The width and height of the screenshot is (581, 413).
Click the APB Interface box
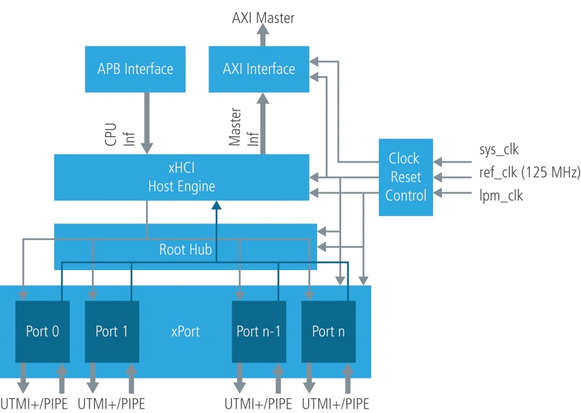135,69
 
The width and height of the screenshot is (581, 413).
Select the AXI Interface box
259,69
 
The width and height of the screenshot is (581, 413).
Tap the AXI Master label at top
263,18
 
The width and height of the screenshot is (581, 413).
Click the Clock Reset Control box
405,177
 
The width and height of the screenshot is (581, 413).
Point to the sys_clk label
498,150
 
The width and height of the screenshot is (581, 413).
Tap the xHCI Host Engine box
181,177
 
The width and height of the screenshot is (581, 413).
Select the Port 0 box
42,331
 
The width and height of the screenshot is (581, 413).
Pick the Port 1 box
112,331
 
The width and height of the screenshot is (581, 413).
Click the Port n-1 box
258,331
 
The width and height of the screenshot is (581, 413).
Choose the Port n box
328,331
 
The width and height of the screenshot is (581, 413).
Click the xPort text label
186,331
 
